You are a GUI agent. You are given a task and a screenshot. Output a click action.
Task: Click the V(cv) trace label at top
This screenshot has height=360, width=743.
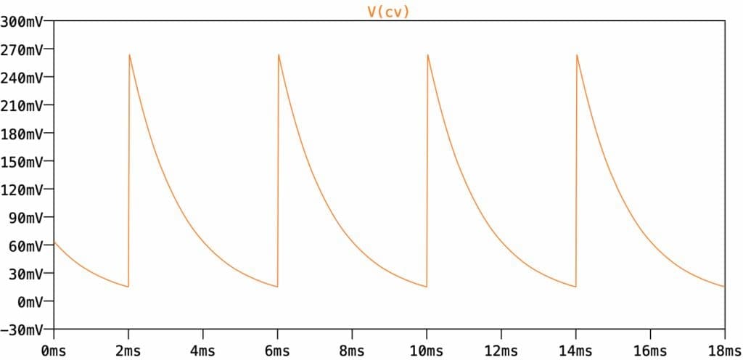tap(388, 12)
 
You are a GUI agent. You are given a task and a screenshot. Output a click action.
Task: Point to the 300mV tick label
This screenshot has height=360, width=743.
tap(22, 22)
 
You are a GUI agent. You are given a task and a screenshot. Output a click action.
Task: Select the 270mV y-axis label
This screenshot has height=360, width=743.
tap(22, 50)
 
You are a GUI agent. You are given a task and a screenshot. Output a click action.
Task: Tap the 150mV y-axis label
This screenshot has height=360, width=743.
tap(22, 162)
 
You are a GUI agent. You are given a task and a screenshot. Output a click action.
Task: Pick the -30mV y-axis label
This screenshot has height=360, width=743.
tap(22, 330)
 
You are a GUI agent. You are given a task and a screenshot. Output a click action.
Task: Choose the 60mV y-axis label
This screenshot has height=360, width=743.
tap(25, 245)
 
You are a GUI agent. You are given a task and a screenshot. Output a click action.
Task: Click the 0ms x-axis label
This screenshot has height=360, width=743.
tap(54, 351)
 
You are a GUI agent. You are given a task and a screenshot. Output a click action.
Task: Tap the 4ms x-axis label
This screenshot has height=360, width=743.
tap(202, 351)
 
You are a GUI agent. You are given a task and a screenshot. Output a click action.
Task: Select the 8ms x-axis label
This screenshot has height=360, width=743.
tap(351, 351)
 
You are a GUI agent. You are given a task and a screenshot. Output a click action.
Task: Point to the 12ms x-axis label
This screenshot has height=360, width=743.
tap(501, 351)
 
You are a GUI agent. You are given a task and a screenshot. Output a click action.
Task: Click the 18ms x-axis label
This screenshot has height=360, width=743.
tap(722, 351)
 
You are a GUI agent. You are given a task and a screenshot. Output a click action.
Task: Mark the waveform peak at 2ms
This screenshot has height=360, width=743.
tap(129, 54)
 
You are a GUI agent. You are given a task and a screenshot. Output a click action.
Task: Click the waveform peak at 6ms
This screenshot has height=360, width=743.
tap(278, 54)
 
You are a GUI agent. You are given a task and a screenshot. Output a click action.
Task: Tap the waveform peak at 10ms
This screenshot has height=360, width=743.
tap(427, 54)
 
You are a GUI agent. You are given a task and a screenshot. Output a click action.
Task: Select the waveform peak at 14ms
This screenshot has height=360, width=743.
tap(576, 54)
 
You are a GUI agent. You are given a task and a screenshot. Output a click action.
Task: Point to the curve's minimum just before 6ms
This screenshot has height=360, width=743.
tap(277, 287)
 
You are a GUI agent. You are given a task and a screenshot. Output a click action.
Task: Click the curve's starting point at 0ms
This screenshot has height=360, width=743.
tap(54, 242)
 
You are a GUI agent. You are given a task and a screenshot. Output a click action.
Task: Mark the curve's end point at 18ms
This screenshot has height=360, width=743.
tap(724, 287)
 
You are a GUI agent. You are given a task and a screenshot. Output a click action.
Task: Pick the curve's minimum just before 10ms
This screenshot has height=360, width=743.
tap(427, 287)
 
